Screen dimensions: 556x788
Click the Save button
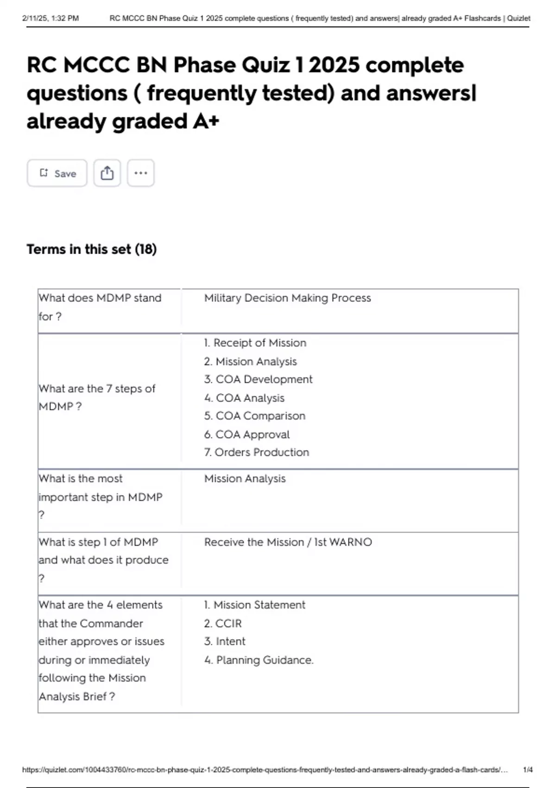57,173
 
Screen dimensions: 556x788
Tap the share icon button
107,173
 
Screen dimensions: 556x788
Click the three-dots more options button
141,173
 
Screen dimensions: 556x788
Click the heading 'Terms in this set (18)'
92,249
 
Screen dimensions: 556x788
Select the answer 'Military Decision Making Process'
287,298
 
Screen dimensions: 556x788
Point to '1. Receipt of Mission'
255,343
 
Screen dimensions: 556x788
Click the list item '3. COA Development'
258,380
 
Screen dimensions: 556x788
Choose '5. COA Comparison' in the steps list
254,416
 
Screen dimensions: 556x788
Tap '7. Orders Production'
256,452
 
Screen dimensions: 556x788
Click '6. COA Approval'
246,434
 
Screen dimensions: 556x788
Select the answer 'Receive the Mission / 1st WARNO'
288,542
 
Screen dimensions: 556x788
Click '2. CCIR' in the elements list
223,623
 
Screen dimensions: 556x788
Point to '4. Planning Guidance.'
259,660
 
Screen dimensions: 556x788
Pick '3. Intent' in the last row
225,642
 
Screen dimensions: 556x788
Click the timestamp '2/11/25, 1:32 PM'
51,19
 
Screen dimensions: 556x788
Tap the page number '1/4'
527,770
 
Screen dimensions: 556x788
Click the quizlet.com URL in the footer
265,770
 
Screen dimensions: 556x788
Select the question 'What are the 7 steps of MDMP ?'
97,397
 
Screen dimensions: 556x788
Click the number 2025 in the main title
334,65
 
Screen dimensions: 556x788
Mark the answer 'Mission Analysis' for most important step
245,479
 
